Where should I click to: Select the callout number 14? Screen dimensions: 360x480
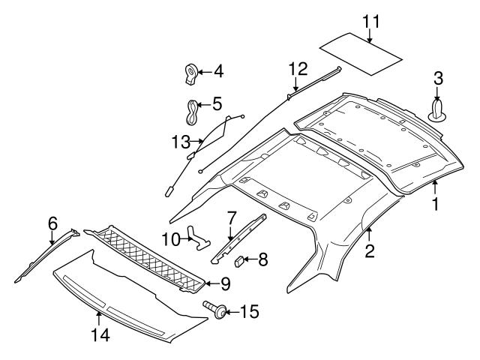(100, 336)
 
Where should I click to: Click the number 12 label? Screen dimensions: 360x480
(298, 69)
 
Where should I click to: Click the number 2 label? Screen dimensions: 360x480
(369, 251)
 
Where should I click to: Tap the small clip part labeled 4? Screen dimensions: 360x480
(190, 73)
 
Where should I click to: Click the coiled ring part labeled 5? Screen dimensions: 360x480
(193, 112)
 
